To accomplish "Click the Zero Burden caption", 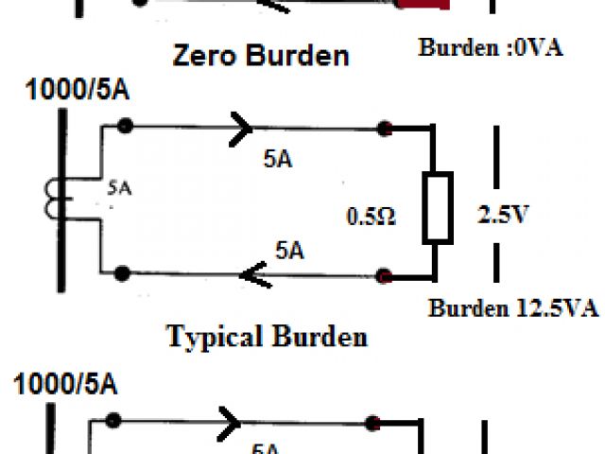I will coord(260,55).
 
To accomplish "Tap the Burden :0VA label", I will coord(491,46).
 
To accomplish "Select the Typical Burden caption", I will coord(267,336).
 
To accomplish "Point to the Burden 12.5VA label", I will coord(513,307).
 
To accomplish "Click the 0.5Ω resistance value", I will coord(372,218).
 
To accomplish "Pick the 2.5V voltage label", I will coord(501,215).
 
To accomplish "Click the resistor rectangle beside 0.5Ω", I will coord(437,205).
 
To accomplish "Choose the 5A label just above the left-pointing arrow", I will coord(289,251).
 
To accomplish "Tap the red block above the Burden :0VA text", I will coord(422,5).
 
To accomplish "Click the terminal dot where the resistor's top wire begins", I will coord(385,128).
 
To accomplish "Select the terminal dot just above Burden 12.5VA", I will coord(385,276).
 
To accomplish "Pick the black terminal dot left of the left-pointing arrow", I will coord(121,273).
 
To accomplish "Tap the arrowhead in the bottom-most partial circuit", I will coord(229,419).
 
